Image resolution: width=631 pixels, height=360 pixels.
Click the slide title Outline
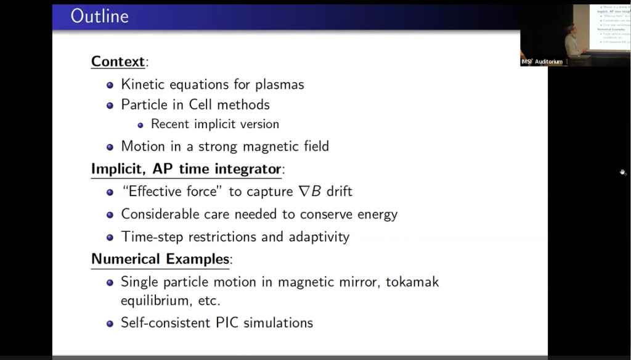[99, 16]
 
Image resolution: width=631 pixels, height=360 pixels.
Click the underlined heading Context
[118, 62]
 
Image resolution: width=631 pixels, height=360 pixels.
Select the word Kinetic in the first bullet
[144, 84]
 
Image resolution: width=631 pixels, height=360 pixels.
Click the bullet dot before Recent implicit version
[140, 125]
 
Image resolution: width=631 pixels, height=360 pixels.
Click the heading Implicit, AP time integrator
[186, 169]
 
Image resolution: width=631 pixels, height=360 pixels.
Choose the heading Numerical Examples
[160, 259]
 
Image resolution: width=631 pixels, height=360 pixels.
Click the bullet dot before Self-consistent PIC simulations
[110, 323]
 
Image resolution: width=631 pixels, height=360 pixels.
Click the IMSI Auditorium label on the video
[542, 62]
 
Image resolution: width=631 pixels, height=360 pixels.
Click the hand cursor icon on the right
[623, 173]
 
